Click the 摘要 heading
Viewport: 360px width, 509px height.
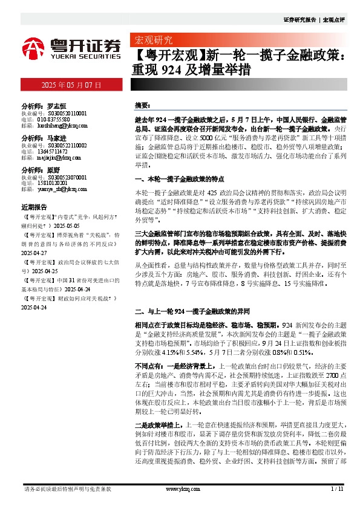tap(142, 105)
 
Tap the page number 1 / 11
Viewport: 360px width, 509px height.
tap(337, 488)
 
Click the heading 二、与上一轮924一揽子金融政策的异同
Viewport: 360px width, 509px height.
tap(185, 313)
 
